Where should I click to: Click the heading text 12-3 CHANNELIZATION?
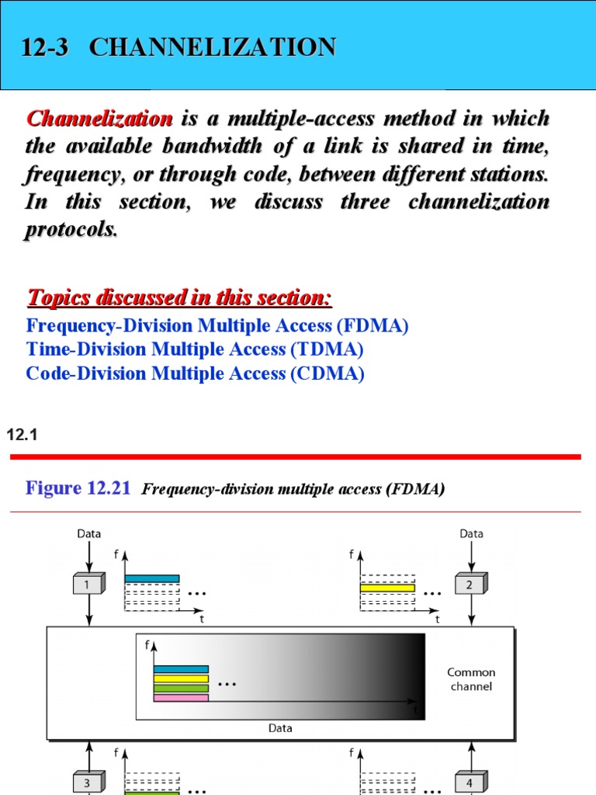click(178, 47)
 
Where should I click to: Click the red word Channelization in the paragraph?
click(99, 119)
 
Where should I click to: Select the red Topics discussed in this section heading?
click(179, 297)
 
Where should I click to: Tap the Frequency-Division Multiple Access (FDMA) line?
click(217, 325)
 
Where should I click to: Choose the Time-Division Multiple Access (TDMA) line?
click(195, 349)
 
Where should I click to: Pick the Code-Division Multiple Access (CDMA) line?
click(195, 373)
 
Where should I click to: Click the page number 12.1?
click(22, 436)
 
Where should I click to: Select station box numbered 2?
click(470, 585)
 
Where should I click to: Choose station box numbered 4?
click(470, 783)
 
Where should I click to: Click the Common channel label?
click(471, 679)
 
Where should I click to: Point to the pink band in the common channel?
click(181, 698)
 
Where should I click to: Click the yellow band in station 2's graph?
click(387, 588)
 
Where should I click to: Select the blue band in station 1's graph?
click(152, 578)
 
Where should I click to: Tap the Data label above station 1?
click(89, 533)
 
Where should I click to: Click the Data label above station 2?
click(471, 533)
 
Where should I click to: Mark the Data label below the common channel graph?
click(280, 728)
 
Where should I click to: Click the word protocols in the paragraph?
click(71, 231)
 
